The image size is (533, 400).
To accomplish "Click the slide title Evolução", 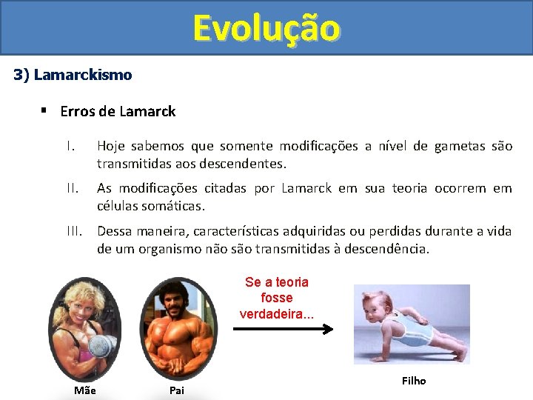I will (266, 28).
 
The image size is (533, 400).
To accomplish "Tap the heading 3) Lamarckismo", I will (73, 75).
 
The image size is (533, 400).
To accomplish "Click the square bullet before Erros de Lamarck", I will (44, 111).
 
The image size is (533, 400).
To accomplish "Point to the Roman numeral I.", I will (70, 147).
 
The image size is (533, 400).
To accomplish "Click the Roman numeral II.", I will (71, 188).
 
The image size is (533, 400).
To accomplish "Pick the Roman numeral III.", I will (73, 231).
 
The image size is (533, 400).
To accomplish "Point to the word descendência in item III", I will (381, 248).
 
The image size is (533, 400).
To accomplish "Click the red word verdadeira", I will (275, 313).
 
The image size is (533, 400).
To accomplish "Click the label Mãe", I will (85, 390).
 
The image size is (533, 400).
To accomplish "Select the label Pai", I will (176, 390).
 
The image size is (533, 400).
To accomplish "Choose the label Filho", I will (414, 381).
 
